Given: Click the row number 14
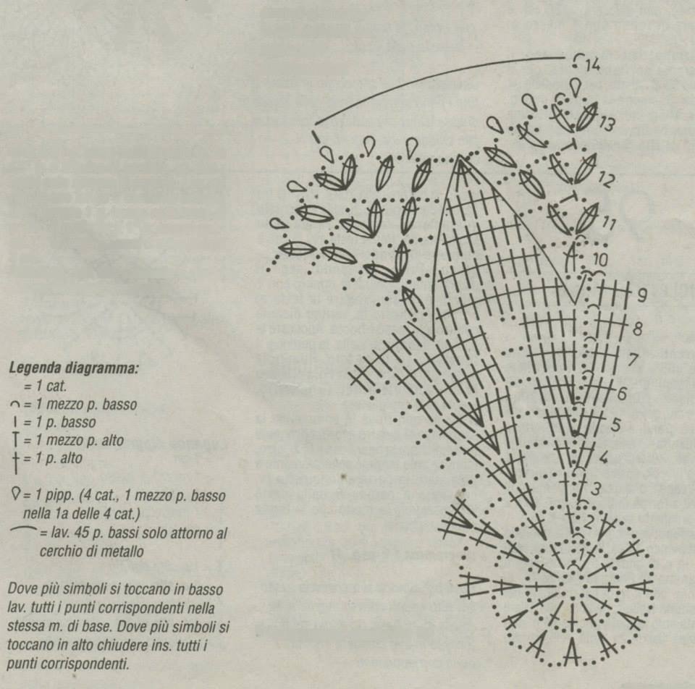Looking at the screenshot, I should tap(593, 66).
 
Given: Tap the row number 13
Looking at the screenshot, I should tap(607, 124).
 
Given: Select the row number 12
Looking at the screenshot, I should tap(606, 179).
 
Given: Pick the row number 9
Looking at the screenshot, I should tap(641, 295).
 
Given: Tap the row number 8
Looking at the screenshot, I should tap(637, 329).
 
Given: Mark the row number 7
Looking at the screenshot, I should tap(632, 360).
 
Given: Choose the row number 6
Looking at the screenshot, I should tap(621, 394).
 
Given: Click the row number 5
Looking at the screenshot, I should tap(615, 425).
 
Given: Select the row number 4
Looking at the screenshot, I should tap(603, 457).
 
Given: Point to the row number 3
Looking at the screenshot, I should tap(595, 489).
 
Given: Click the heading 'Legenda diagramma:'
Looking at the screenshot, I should tap(73, 368).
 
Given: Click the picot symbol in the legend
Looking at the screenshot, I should tap(15, 495).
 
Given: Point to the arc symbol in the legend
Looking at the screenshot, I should tap(24, 531).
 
